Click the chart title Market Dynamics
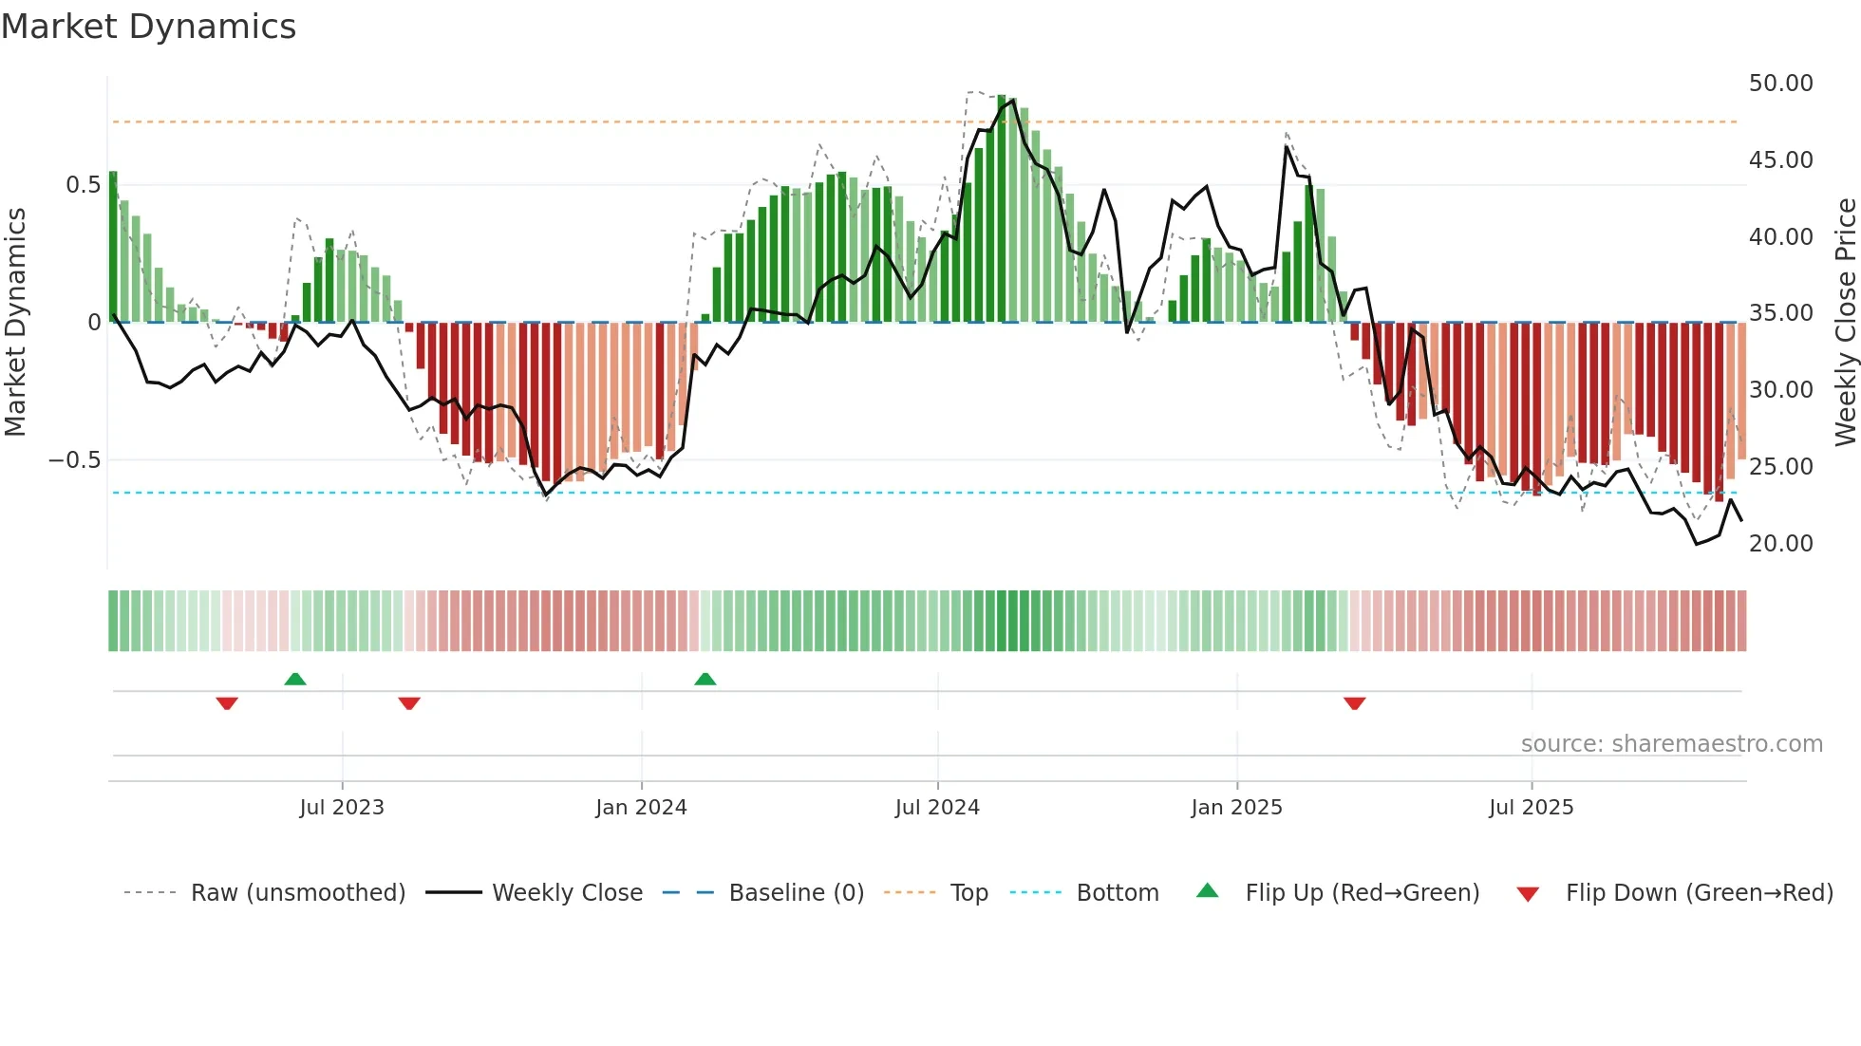pyautogui.click(x=149, y=27)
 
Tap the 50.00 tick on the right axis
pyautogui.click(x=1780, y=84)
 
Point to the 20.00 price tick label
pyautogui.click(x=1780, y=544)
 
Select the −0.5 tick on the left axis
pyautogui.click(x=75, y=460)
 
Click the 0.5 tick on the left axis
pyautogui.click(x=83, y=185)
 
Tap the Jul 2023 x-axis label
pyautogui.click(x=342, y=808)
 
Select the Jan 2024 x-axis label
pyautogui.click(x=641, y=808)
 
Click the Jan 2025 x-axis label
pyautogui.click(x=1236, y=808)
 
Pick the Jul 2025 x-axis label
pyautogui.click(x=1531, y=808)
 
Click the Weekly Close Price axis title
pyautogui.click(x=1845, y=323)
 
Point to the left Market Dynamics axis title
pyautogui.click(x=15, y=323)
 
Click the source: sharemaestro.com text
pyautogui.click(x=1671, y=744)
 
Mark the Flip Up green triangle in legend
pyautogui.click(x=1207, y=891)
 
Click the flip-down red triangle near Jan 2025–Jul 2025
pyautogui.click(x=1355, y=703)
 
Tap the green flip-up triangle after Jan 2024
pyautogui.click(x=705, y=679)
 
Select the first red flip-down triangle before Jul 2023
pyautogui.click(x=227, y=703)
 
